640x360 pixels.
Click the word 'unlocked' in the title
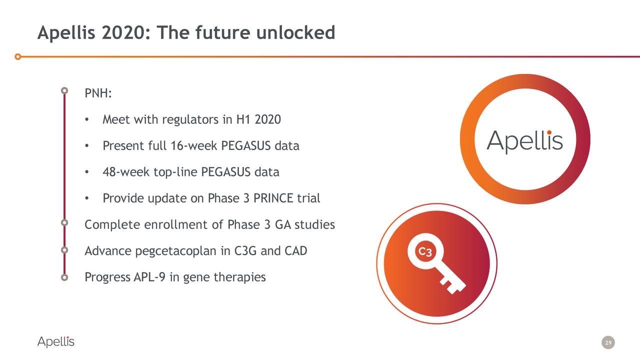295,33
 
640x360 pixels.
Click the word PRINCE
273,198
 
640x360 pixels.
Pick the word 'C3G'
245,250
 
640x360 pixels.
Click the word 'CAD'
295,250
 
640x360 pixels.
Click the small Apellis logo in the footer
56,342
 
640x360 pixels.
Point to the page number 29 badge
608,342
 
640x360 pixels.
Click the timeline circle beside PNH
64,91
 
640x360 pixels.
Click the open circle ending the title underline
18,56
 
